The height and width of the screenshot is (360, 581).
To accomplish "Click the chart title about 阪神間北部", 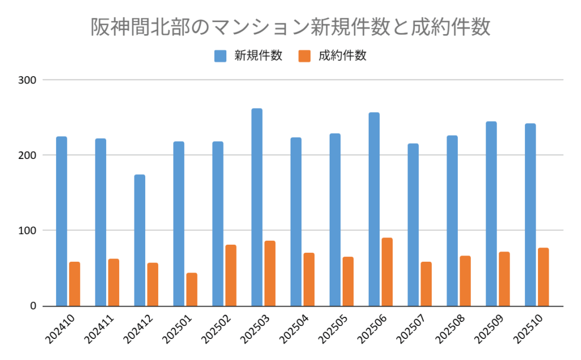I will (290, 27).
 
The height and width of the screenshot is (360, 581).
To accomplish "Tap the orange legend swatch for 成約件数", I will (305, 56).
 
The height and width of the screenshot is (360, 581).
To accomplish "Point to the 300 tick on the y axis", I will (27, 80).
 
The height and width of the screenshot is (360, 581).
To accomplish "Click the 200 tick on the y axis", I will (27, 155).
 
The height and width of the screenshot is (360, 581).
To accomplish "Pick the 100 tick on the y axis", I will (27, 231).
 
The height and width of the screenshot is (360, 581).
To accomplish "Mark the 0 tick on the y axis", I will (32, 306).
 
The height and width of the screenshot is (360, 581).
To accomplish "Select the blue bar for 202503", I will (257, 207).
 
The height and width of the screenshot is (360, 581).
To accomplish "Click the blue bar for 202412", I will (140, 240).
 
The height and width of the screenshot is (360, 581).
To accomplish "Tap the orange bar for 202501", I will (192, 290).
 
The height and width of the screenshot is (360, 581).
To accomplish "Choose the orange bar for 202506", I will (387, 272).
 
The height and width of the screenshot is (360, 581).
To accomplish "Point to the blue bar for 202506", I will (374, 209).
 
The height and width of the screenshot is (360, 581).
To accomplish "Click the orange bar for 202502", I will (231, 275).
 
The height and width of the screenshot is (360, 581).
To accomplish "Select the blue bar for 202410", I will (61, 221).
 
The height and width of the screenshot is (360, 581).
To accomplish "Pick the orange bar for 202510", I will (543, 277).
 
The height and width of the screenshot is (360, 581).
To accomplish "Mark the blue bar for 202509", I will (491, 214).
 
